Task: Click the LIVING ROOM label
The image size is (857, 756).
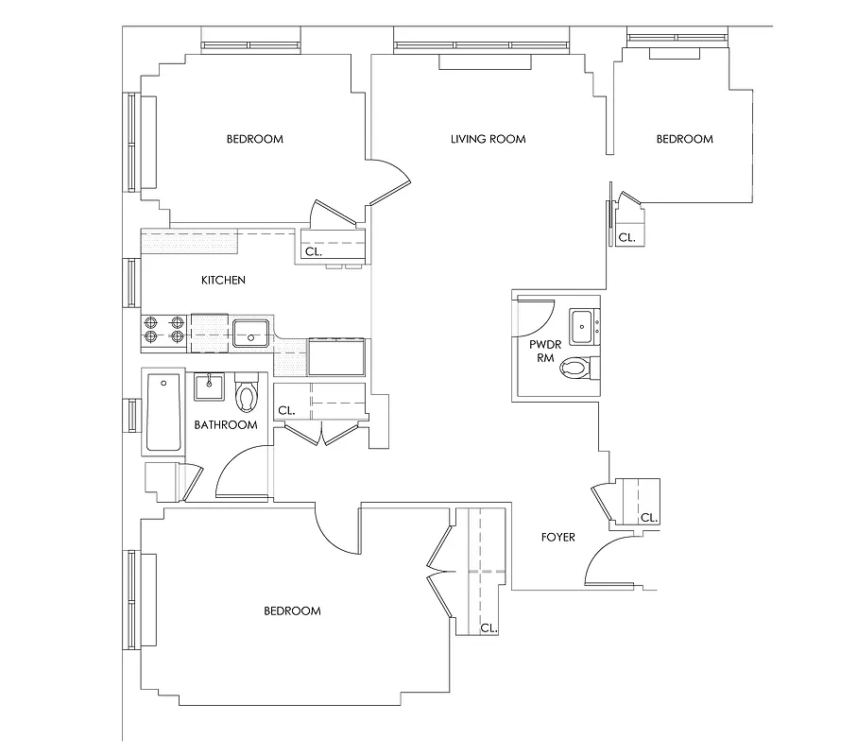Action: (488, 140)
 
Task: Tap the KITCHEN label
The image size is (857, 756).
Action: (224, 281)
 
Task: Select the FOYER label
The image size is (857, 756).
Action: (557, 538)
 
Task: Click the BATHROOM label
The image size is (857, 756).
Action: (226, 425)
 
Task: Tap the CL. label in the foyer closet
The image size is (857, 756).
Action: (649, 518)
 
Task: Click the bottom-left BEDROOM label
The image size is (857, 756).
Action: (292, 611)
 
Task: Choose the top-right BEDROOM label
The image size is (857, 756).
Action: (685, 140)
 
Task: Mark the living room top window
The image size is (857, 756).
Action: (482, 44)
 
